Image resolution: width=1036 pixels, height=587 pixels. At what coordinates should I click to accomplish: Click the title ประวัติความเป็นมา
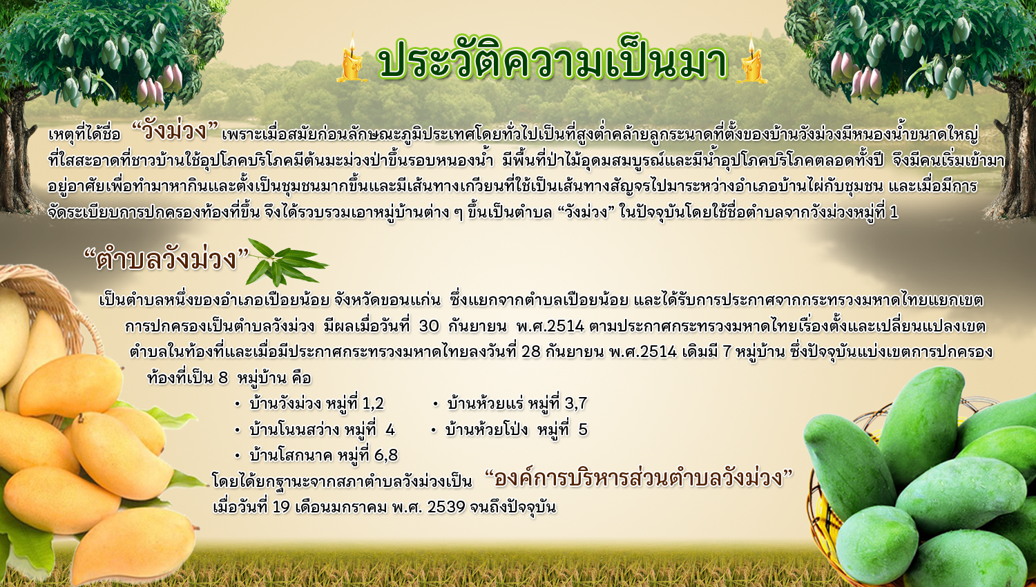pyautogui.click(x=553, y=59)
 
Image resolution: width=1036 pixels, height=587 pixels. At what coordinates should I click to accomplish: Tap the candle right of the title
pyautogui.click(x=751, y=60)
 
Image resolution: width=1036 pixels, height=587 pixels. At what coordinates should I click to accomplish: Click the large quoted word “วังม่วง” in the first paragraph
pyautogui.click(x=175, y=131)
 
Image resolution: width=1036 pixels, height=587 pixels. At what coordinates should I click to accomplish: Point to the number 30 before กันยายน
pyautogui.click(x=429, y=326)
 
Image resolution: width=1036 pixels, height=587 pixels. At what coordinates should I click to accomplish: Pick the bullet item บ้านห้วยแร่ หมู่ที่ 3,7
pyautogui.click(x=510, y=403)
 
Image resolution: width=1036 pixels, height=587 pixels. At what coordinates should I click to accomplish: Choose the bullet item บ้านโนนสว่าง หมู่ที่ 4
pyautogui.click(x=314, y=430)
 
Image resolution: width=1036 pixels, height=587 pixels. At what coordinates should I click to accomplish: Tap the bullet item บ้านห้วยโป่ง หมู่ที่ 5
pyautogui.click(x=509, y=430)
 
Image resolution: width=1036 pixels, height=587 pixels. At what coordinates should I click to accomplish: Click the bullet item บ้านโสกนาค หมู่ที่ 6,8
pyautogui.click(x=316, y=456)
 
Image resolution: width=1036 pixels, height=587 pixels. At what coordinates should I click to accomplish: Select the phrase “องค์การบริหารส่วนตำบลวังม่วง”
pyautogui.click(x=639, y=478)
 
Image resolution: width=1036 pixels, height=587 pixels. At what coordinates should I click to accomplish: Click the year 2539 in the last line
pyautogui.click(x=446, y=507)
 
